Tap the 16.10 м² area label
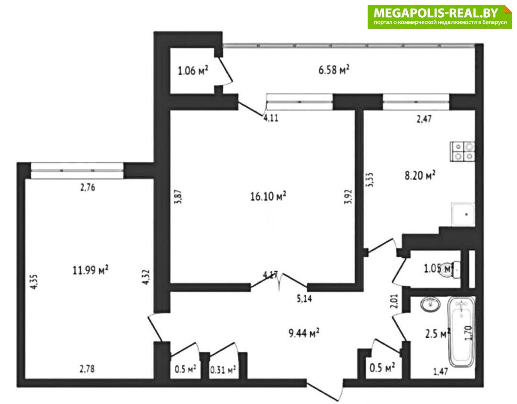(268, 196)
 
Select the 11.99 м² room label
(90, 270)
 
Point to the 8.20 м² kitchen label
(420, 175)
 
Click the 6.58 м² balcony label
(334, 70)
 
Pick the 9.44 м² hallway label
(303, 333)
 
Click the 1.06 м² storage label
(193, 70)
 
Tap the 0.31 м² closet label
(223, 370)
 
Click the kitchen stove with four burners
(462, 151)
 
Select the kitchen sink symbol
(463, 214)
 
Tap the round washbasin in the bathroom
(431, 304)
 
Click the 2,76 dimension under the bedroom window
(88, 187)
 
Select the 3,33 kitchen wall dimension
(370, 180)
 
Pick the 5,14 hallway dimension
(304, 299)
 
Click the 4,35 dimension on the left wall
(34, 281)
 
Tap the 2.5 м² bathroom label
(438, 334)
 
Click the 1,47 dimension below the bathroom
(440, 371)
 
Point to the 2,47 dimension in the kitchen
(424, 119)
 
